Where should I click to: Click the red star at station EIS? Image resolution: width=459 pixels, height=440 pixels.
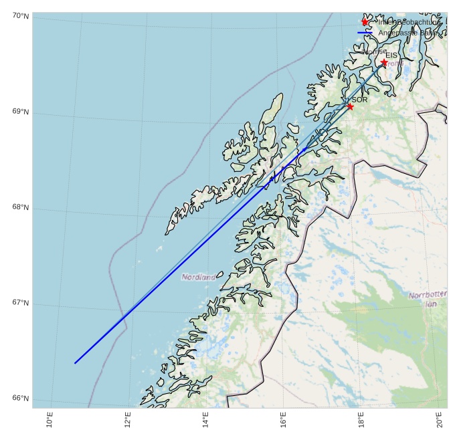point(384,63)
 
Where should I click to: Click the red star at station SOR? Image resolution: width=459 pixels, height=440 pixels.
point(350,106)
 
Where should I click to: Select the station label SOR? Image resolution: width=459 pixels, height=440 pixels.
point(360,100)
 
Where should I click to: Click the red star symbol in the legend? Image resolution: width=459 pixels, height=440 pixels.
point(365,22)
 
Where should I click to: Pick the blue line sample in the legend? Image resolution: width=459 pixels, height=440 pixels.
point(365,32)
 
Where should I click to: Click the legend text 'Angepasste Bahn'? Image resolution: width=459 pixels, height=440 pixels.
point(407,32)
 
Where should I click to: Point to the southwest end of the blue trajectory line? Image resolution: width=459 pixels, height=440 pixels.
point(75,362)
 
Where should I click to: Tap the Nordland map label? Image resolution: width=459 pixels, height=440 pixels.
point(199,276)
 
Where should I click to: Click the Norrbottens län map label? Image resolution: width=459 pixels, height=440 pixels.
point(428,299)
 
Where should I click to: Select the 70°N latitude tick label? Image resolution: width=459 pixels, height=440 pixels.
point(20,15)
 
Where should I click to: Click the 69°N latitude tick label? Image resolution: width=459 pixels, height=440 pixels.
point(20,112)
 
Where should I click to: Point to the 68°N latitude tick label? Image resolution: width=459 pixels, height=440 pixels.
point(20,207)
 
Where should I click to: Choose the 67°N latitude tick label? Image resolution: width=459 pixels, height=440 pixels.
point(20,304)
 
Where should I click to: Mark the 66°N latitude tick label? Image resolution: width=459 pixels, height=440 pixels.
point(20,399)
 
